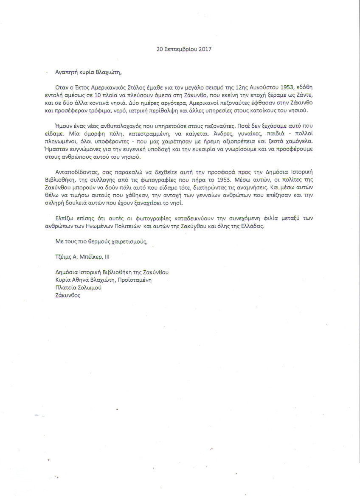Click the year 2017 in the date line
(x=204, y=49)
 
